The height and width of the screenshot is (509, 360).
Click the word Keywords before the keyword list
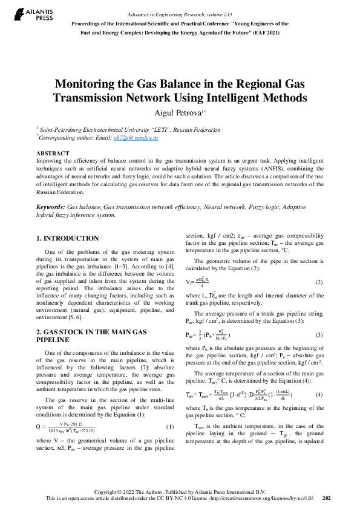[x=51, y=207]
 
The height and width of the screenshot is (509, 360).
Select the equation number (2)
[x=319, y=282]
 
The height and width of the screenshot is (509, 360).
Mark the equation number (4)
[x=319, y=394]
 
